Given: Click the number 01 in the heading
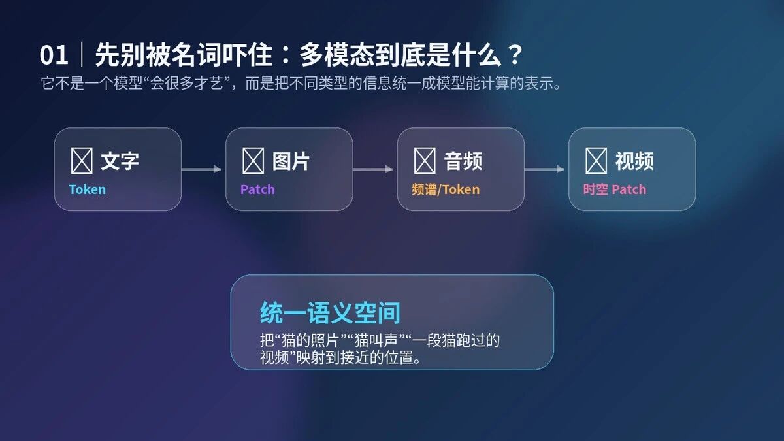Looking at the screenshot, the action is [x=54, y=55].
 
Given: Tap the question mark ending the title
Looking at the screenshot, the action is [x=515, y=55].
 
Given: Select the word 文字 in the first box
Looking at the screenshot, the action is [x=120, y=161].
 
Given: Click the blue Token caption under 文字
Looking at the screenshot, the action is [x=87, y=189].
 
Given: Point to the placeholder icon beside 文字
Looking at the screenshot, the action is [x=82, y=161].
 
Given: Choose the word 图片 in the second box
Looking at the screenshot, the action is [x=291, y=161].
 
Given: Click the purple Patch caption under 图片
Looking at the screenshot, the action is [x=257, y=189].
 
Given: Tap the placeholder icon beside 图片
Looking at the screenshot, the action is [x=253, y=161].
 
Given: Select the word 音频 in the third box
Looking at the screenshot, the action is [x=463, y=161].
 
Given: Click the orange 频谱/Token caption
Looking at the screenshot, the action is [x=446, y=189].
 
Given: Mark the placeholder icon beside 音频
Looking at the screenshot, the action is [x=425, y=161].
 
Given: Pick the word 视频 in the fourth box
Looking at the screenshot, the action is [x=634, y=161].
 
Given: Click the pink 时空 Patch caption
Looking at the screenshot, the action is [x=615, y=189].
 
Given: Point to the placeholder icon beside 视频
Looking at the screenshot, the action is [x=596, y=161].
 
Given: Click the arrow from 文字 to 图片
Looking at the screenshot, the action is [x=201, y=169].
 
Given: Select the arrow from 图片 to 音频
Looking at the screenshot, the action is [x=373, y=169].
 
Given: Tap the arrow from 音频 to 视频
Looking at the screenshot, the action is [x=544, y=169].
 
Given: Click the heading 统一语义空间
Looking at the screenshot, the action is [x=330, y=313].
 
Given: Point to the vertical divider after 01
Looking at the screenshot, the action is [x=82, y=54].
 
